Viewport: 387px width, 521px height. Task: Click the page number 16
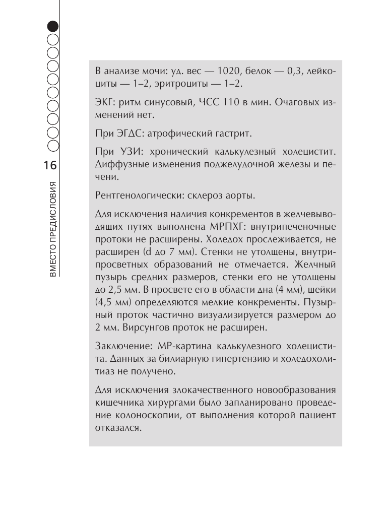51,166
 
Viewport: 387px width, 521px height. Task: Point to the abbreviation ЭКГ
104,103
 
